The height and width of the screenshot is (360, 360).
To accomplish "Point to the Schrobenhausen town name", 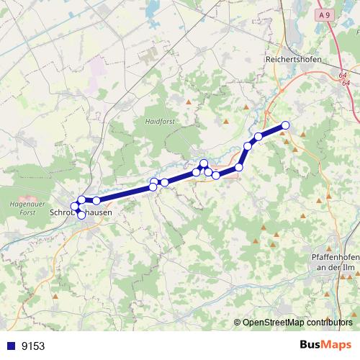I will [x=80, y=213].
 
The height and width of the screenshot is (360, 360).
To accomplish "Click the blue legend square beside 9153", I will [x=10, y=346].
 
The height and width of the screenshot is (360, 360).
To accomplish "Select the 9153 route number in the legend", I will [x=32, y=346].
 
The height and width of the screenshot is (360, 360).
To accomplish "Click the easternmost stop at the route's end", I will [x=284, y=125].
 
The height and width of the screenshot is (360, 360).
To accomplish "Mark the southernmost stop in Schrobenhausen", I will [x=81, y=215].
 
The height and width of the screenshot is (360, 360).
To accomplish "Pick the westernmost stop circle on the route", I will [x=74, y=207].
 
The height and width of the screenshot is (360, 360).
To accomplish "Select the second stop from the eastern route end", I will [x=258, y=136].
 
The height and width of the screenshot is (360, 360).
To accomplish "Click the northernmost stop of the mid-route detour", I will [x=204, y=163].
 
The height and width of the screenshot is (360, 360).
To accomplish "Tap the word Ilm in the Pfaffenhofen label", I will [x=348, y=267].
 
